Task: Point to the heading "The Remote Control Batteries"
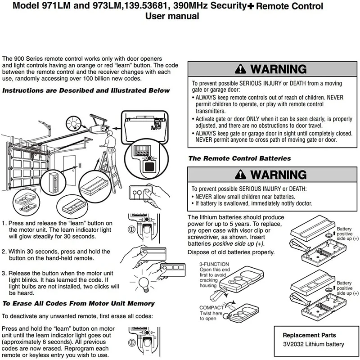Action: coord(239,158)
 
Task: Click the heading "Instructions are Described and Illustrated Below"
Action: coord(86,90)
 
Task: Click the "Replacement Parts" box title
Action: coord(309,335)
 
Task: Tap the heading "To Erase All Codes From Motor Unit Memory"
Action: coord(79,303)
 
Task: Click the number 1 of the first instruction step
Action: coord(4,223)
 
